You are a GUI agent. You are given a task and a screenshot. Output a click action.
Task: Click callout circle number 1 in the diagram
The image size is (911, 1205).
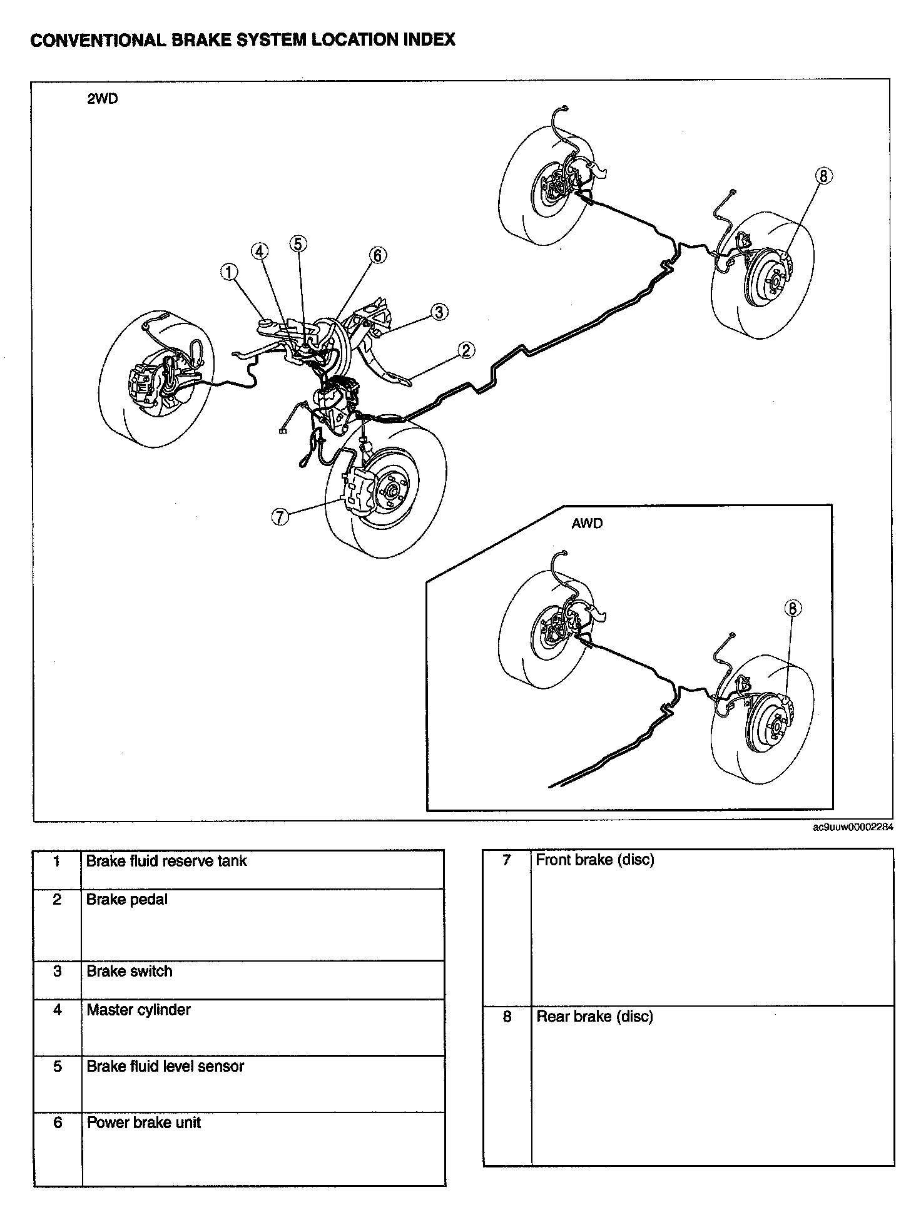(x=230, y=272)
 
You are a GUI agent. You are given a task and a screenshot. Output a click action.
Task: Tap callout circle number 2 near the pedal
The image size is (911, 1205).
(x=466, y=350)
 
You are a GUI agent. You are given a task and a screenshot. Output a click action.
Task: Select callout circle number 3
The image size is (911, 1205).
(x=440, y=312)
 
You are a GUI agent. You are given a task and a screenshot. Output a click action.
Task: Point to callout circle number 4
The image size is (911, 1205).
(x=260, y=252)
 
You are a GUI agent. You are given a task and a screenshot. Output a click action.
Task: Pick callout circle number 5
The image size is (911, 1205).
(x=298, y=243)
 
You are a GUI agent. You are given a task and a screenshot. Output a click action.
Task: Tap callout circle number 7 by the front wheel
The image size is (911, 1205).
(x=280, y=516)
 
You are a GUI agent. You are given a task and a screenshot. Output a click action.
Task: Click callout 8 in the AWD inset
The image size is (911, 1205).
(x=792, y=608)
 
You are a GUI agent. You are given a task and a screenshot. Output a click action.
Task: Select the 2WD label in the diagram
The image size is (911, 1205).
(x=102, y=99)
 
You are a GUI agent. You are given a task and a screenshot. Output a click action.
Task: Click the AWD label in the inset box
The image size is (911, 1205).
(x=586, y=523)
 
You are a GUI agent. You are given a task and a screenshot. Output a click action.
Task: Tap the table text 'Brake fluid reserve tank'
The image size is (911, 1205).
(x=166, y=861)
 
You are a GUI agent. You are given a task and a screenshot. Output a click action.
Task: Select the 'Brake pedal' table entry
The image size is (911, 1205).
(x=127, y=900)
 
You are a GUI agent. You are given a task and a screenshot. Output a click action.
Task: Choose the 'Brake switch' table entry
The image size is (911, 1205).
(x=130, y=971)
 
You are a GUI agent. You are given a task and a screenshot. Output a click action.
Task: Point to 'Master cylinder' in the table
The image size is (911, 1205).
(x=138, y=1010)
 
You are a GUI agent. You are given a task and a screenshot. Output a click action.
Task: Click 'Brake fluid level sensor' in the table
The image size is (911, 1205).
(x=165, y=1066)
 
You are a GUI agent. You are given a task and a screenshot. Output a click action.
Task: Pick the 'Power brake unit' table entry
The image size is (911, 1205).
(x=144, y=1122)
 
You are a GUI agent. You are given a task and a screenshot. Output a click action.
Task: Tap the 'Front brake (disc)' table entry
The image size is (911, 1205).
(x=595, y=860)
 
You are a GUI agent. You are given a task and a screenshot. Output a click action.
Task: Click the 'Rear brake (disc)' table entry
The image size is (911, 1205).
(x=594, y=1016)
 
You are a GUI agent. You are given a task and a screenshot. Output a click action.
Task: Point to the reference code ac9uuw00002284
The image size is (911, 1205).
(x=853, y=828)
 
